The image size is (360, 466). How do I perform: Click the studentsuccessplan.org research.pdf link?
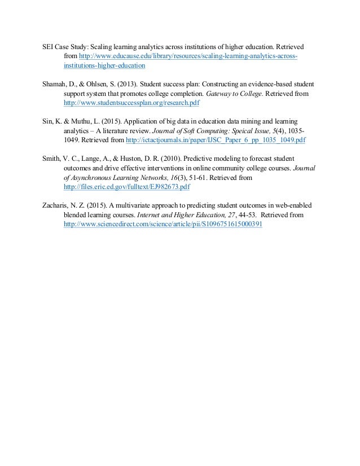pyautogui.click(x=132, y=104)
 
